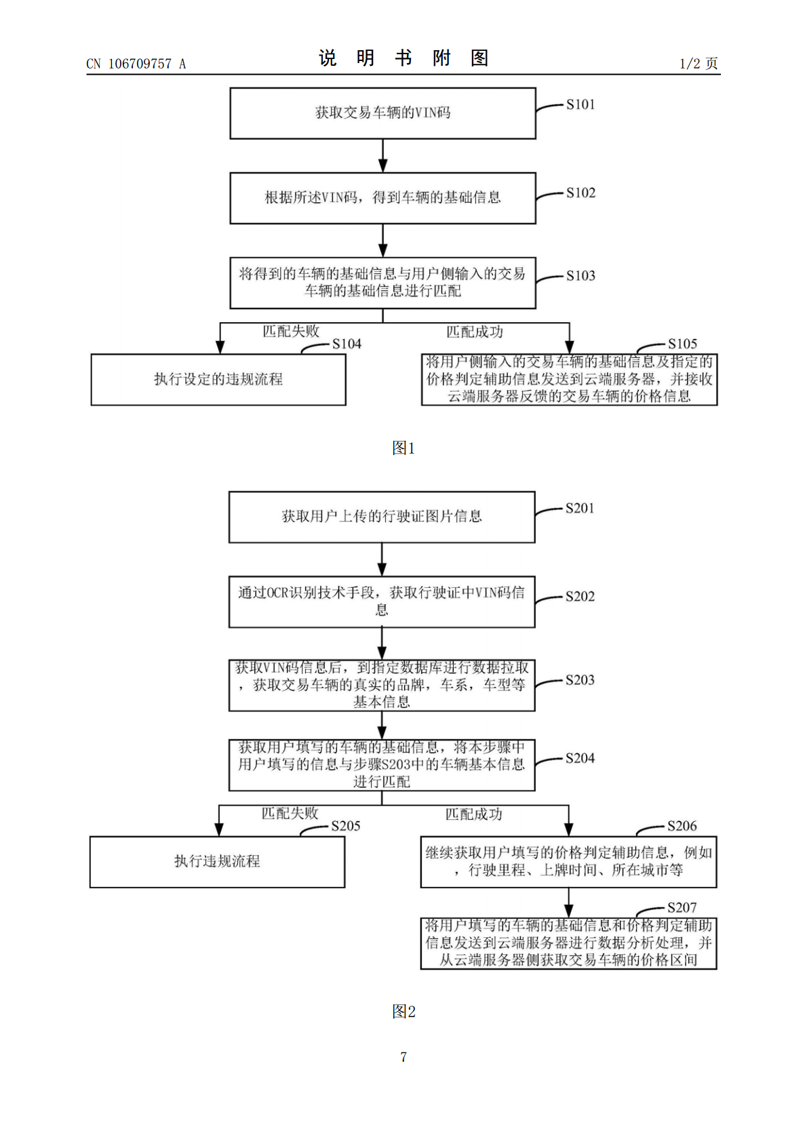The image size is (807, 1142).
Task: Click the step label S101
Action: coord(580,104)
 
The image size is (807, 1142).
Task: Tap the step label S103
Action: coord(580,276)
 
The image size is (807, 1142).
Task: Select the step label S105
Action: coord(682,344)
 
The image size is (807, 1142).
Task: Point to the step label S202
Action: coord(580,597)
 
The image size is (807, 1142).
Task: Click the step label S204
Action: coord(580,758)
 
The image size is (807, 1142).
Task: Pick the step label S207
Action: coord(682,907)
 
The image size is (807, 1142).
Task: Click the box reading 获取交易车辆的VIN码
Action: coord(383,113)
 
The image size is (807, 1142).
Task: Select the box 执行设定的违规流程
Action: coord(218,379)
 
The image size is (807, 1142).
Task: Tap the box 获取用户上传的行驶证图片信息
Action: coord(382,517)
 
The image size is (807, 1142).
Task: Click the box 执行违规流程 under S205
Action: coord(217,862)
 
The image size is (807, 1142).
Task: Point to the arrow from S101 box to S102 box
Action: coord(383,155)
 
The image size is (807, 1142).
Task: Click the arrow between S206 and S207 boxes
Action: coord(568,903)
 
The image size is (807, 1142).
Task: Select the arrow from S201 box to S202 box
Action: coord(382,559)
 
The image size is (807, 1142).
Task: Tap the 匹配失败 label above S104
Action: coord(290,332)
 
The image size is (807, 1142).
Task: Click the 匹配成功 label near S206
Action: coord(473,814)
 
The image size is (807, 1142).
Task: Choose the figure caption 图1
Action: coord(403,448)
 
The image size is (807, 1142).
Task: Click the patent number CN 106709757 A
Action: coord(136,64)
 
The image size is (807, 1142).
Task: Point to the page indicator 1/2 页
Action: coord(698,64)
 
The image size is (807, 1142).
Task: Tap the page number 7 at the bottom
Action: coord(403,1057)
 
